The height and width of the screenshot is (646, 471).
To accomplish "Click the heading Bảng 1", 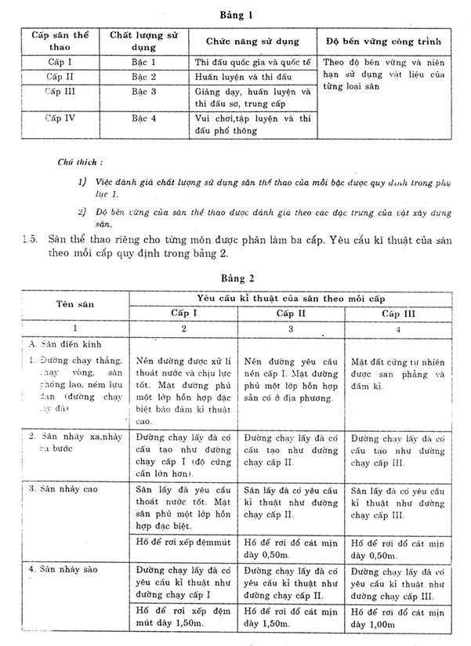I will click(x=235, y=15).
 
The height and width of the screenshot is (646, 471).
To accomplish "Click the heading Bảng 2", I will click(x=235, y=277).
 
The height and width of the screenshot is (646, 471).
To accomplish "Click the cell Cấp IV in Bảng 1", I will click(x=60, y=118).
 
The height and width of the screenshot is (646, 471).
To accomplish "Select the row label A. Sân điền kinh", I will click(x=65, y=344).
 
